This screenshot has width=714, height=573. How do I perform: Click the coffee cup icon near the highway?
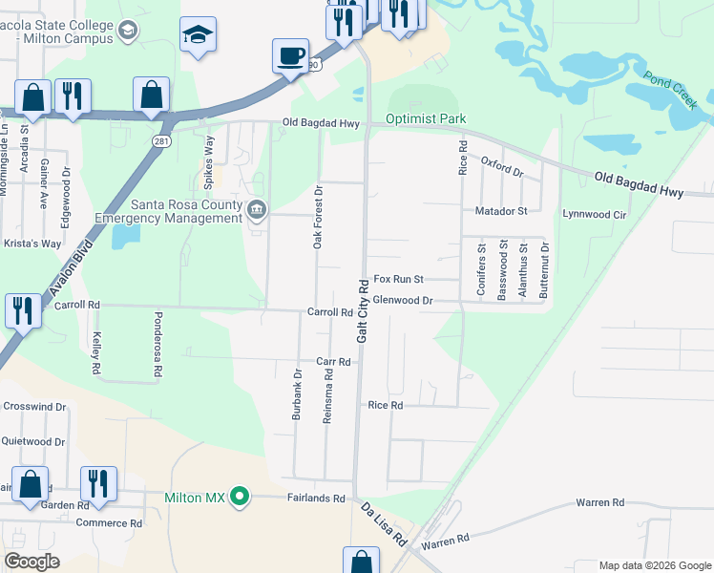coord(289,55)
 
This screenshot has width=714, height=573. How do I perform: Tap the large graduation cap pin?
coord(199,34)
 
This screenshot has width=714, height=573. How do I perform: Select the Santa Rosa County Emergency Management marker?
coord(256,209)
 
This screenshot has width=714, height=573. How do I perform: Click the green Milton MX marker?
coord(241,497)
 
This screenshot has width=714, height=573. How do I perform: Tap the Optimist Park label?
coord(425,119)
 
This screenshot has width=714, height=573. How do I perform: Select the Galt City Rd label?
coord(363,312)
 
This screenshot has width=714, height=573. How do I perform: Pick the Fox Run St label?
coord(398,279)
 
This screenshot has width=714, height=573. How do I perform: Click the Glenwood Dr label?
coord(404,300)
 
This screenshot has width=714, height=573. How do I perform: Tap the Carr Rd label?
coord(334,362)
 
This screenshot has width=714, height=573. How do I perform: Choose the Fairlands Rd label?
coord(316,498)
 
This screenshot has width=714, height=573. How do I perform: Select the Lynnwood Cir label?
coord(594,214)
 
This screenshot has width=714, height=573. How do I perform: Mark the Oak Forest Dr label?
coord(320,218)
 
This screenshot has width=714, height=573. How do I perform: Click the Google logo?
coord(31,561)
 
